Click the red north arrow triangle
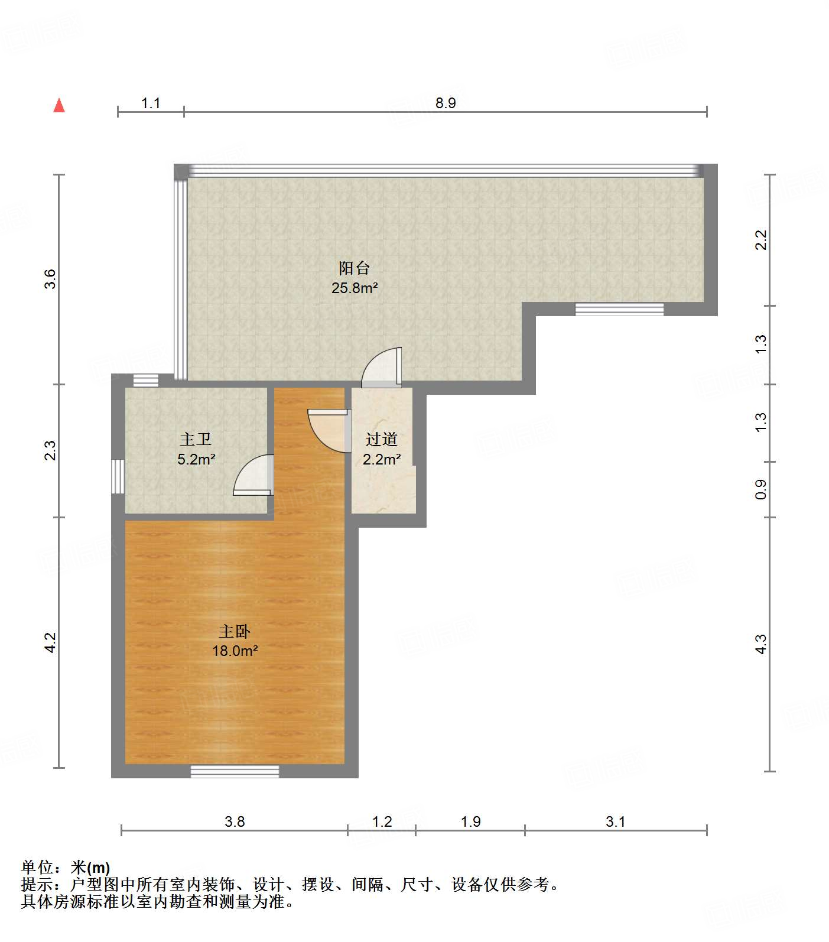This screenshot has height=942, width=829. (59, 106)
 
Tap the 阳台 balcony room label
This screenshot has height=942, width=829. (354, 268)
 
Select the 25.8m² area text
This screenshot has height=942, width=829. (354, 288)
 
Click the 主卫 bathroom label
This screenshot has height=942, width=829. (196, 440)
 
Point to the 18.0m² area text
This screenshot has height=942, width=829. (235, 651)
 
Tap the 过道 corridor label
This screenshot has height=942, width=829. (381, 440)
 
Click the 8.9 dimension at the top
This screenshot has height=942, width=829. (446, 103)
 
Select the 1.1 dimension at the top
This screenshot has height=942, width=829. (151, 103)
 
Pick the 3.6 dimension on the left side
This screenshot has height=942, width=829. (50, 279)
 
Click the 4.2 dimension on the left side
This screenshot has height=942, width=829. (50, 643)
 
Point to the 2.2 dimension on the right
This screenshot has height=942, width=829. (761, 240)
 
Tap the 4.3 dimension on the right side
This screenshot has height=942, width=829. (761, 644)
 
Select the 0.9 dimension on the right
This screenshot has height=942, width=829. (761, 489)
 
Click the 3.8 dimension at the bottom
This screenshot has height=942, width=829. (235, 821)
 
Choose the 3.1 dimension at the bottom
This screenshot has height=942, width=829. (615, 821)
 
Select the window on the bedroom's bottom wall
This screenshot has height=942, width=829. (235, 771)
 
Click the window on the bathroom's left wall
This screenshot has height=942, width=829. (118, 476)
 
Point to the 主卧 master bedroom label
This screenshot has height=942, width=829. (235, 632)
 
